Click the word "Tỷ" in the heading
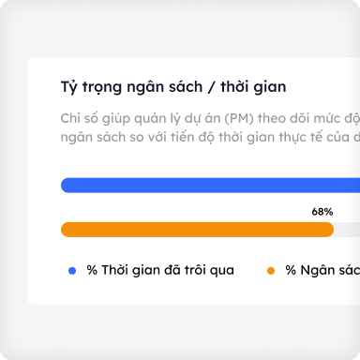coord(68,87)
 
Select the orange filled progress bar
coord(197,230)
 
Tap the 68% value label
coord(322,212)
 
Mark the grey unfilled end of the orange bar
coord(347,230)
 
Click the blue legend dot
coord(72,270)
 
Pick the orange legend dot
coord(271,270)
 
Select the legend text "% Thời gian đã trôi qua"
coord(159,270)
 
